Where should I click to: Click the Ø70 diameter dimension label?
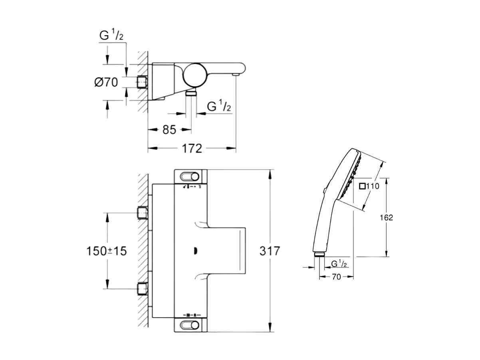pyautogui.click(x=106, y=83)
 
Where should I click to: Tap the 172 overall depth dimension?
pyautogui.click(x=192, y=148)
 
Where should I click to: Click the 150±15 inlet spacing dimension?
pyautogui.click(x=106, y=251)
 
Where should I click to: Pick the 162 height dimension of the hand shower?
pyautogui.click(x=386, y=217)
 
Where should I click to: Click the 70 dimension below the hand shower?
pyautogui.click(x=336, y=276)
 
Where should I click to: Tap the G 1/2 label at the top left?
pyautogui.click(x=111, y=36)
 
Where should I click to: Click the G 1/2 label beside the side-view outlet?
pyautogui.click(x=219, y=106)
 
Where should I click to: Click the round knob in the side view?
pyautogui.click(x=195, y=75)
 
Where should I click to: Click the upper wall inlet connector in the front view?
pyautogui.click(x=142, y=213)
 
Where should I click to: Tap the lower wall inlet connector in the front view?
pyautogui.click(x=142, y=288)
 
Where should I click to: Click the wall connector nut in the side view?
pyautogui.click(x=142, y=83)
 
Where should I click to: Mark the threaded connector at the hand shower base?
pyautogui.click(x=319, y=255)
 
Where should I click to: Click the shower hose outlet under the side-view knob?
pyautogui.click(x=192, y=93)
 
